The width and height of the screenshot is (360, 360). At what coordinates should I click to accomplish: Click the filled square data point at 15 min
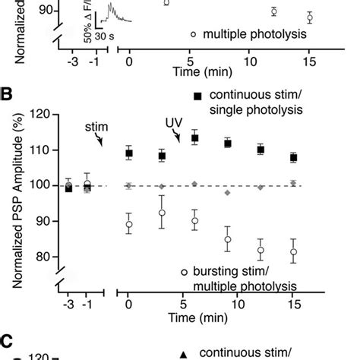(x=294, y=158)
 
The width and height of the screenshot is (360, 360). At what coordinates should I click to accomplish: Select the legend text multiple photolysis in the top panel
(x=250, y=34)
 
